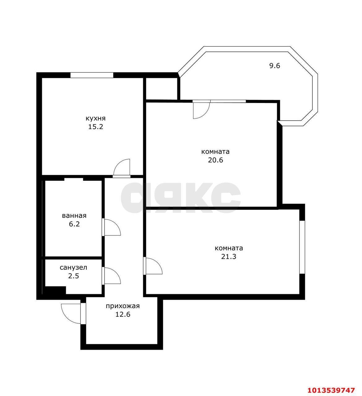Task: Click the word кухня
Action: (x=95, y=118)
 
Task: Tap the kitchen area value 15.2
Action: (x=95, y=127)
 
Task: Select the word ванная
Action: (x=74, y=216)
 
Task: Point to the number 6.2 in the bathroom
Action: (x=74, y=224)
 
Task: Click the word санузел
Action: (x=73, y=267)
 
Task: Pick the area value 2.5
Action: (x=73, y=276)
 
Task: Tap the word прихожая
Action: (x=123, y=306)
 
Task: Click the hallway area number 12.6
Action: (x=123, y=315)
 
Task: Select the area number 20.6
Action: (x=215, y=160)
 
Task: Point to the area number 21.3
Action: (x=229, y=256)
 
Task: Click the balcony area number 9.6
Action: (x=274, y=66)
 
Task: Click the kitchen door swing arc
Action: (x=122, y=168)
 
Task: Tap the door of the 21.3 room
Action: (x=153, y=266)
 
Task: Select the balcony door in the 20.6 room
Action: (x=201, y=110)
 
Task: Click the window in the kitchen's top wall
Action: (x=92, y=75)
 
